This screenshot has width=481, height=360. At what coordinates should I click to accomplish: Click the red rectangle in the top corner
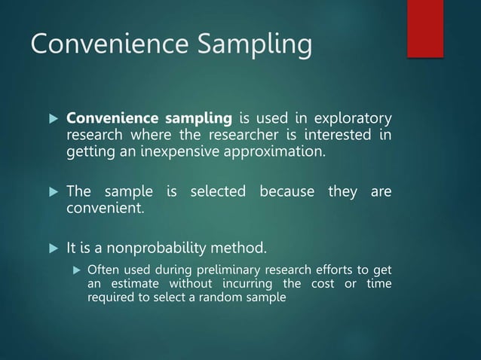point(425,28)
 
